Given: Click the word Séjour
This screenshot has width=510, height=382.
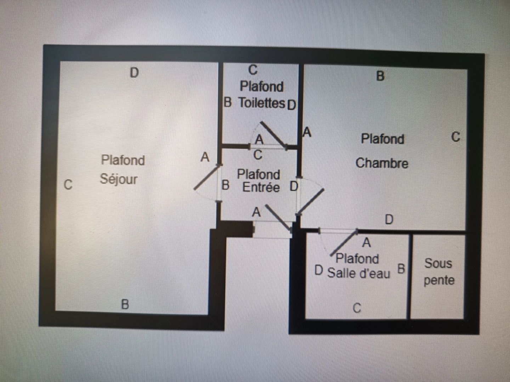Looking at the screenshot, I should pyautogui.click(x=119, y=179).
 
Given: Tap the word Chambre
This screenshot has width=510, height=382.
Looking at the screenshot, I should pyautogui.click(x=382, y=163).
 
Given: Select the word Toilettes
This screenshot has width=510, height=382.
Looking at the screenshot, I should pyautogui.click(x=261, y=103).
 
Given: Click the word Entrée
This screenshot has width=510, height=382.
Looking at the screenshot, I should pyautogui.click(x=261, y=187).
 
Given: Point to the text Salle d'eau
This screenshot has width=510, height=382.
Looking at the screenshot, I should pyautogui.click(x=358, y=273).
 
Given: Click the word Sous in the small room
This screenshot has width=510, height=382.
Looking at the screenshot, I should pyautogui.click(x=438, y=264).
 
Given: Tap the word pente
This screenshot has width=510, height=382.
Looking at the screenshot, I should pyautogui.click(x=439, y=280).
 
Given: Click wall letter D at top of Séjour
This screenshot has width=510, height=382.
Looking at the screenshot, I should pyautogui.click(x=134, y=73).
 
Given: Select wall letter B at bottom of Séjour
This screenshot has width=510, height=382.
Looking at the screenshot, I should pyautogui.click(x=125, y=304).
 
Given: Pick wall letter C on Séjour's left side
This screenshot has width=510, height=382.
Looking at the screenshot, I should pyautogui.click(x=68, y=185).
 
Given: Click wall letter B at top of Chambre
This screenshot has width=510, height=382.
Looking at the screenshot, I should pyautogui.click(x=380, y=76).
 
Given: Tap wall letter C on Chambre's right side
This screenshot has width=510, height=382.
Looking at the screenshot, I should pyautogui.click(x=456, y=137).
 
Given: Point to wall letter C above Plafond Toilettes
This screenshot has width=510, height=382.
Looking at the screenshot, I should pyautogui.click(x=253, y=70).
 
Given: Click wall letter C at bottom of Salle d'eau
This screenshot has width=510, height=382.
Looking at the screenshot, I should pyautogui.click(x=357, y=308).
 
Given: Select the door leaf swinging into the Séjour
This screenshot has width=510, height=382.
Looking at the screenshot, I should pyautogui.click(x=207, y=178).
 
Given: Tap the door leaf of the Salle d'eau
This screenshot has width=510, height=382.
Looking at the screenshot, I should pyautogui.click(x=344, y=243).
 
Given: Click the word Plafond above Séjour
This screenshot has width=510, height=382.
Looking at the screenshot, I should pyautogui.click(x=123, y=160).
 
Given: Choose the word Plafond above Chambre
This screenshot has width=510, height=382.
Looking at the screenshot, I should pyautogui.click(x=382, y=139).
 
